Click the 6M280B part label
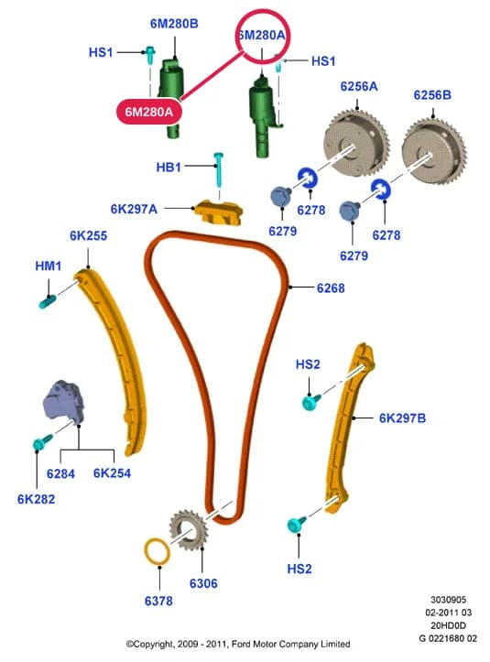click(174, 24)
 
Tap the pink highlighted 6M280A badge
click(149, 112)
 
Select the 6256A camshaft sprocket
click(355, 142)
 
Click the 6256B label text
click(432, 95)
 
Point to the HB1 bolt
click(219, 169)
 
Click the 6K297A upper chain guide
click(218, 212)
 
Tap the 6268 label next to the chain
click(331, 288)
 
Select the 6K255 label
click(88, 235)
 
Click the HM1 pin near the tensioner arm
click(47, 301)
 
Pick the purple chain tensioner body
click(64, 402)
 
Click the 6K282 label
click(37, 499)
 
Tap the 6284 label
click(60, 473)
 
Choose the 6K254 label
click(112, 473)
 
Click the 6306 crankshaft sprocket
click(189, 530)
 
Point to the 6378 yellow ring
click(158, 551)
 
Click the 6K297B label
click(402, 418)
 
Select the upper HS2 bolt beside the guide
click(311, 402)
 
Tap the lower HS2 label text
click(299, 569)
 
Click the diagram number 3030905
click(448, 600)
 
